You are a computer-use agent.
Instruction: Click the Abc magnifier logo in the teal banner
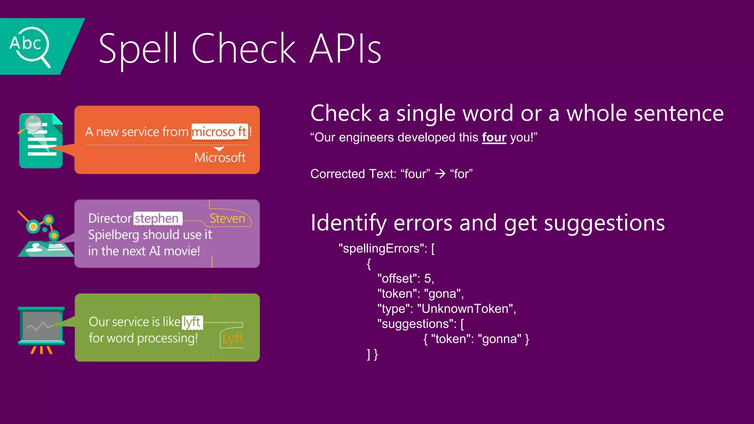(29, 46)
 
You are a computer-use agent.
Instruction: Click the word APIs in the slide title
(345, 49)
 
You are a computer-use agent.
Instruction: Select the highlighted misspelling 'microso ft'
(220, 132)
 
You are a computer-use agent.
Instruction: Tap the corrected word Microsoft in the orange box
(220, 158)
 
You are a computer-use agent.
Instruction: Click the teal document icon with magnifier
(40, 141)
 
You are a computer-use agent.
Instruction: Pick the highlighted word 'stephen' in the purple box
(157, 219)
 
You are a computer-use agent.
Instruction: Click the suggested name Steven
(227, 219)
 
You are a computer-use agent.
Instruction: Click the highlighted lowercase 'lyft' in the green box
(192, 322)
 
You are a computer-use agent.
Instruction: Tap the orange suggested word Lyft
(233, 339)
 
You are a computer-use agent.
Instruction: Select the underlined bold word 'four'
(494, 137)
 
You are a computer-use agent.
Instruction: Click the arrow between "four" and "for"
(440, 174)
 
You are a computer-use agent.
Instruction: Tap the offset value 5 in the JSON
(427, 279)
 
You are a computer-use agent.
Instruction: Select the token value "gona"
(443, 294)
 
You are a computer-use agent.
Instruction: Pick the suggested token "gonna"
(499, 339)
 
